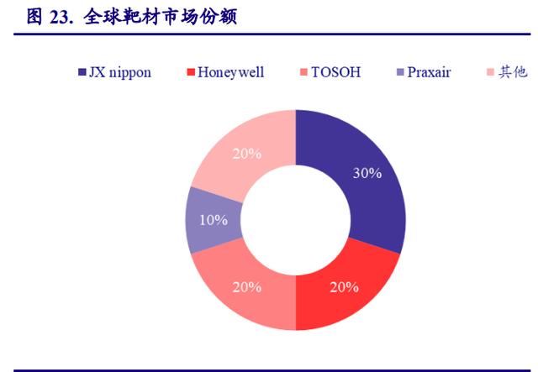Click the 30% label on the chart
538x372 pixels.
point(367,173)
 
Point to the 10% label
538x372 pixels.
point(214,220)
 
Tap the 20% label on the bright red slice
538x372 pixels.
point(344,287)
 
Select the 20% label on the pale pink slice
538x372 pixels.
point(247,154)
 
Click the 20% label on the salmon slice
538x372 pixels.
point(247,287)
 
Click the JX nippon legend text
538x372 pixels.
point(120,73)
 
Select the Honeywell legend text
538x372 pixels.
point(231,72)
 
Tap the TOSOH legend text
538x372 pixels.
point(336,72)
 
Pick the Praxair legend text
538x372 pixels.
point(429,72)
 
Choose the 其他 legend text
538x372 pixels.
point(513,72)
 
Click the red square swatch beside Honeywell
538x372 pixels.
point(191,72)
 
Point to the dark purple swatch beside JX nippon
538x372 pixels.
point(82,72)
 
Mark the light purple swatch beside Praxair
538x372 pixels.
point(400,72)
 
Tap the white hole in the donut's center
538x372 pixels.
point(296,220)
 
